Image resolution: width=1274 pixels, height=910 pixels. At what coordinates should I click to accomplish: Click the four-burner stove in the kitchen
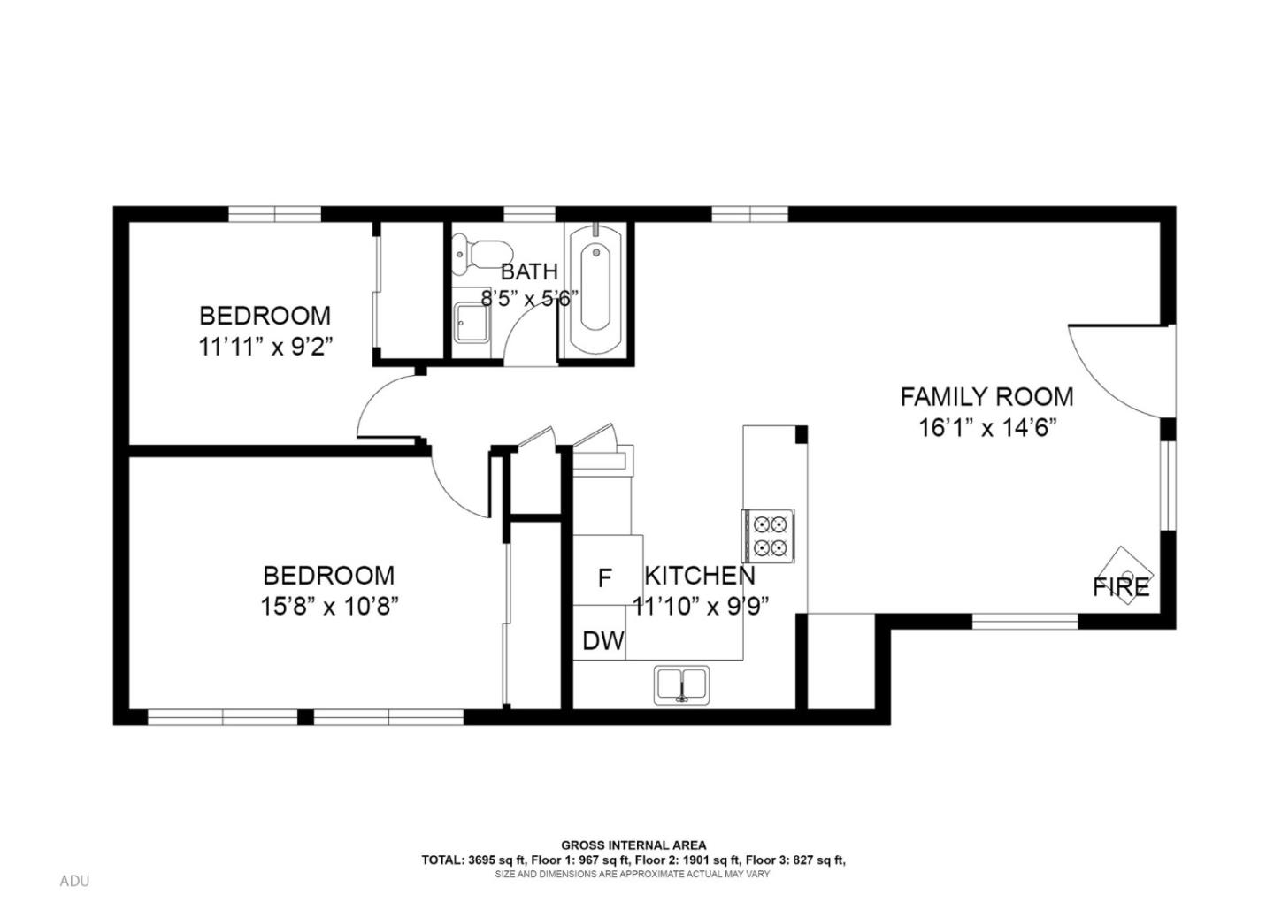point(768,536)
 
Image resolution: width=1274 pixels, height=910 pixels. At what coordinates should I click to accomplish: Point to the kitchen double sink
point(681,684)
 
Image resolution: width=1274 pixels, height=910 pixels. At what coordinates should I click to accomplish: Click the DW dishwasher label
point(603,641)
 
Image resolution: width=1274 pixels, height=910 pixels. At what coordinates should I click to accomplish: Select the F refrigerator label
point(605,578)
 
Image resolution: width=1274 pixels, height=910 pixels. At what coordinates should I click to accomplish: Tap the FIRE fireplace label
point(1121,586)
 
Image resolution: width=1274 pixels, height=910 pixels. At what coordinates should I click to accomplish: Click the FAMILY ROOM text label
point(986,396)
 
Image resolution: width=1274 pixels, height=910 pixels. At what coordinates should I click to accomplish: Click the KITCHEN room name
point(699,576)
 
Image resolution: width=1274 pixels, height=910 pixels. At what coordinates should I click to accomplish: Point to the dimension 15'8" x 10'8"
point(329,607)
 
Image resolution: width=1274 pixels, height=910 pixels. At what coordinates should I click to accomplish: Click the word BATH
point(529,271)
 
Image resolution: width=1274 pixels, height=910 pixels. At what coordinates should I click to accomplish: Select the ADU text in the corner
point(74,881)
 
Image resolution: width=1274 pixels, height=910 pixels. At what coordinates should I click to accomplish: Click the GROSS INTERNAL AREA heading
point(633,845)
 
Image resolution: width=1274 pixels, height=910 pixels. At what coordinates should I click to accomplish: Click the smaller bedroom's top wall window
point(274,213)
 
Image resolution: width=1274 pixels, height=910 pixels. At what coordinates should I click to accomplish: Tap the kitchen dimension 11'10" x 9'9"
point(700,607)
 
